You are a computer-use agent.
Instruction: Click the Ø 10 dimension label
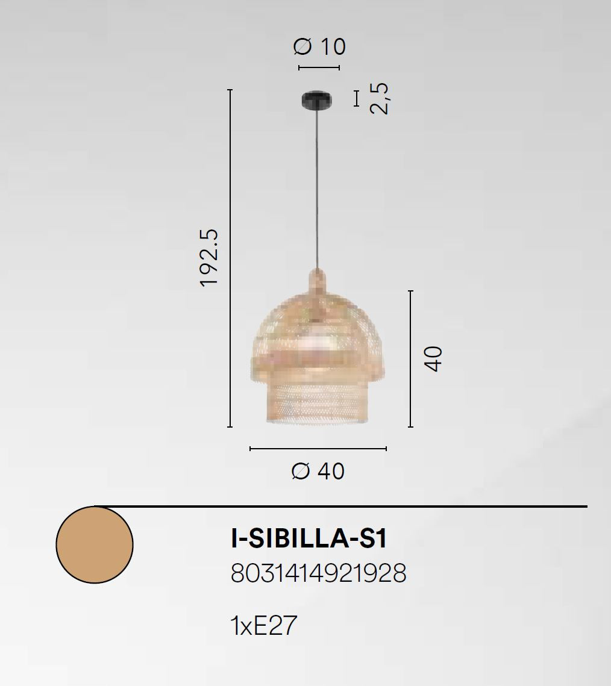pos(319,46)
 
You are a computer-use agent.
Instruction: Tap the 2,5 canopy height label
pos(379,98)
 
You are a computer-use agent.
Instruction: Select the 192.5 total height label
pos(208,258)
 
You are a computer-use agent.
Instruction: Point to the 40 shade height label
pos(433,359)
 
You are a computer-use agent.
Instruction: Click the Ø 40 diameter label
pos(318,471)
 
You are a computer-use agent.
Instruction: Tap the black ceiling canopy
pos(316,100)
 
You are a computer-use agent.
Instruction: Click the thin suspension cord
pos(318,189)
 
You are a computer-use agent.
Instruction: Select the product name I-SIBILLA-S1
pos(309,538)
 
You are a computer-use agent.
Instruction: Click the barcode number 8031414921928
pos(318,573)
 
